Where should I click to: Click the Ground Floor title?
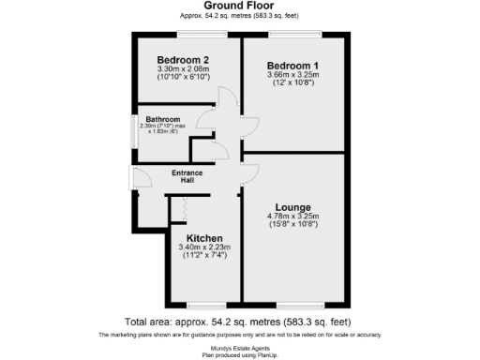(239, 6)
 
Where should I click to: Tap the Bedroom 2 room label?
(183, 59)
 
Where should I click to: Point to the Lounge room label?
(293, 206)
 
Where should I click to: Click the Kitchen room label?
(203, 238)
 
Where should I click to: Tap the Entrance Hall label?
(187, 175)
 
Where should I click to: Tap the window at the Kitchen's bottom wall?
(201, 305)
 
